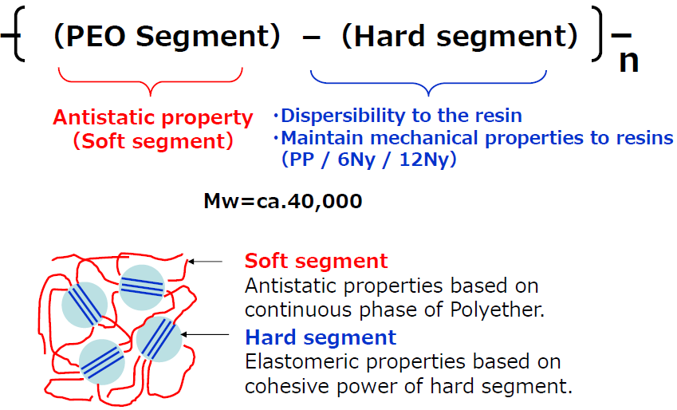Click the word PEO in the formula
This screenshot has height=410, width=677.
click(96, 36)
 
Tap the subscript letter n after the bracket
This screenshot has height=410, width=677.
click(628, 61)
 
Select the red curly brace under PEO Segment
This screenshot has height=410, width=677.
click(150, 81)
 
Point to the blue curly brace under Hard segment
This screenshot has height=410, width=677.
click(428, 83)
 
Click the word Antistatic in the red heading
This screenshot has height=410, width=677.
click(104, 117)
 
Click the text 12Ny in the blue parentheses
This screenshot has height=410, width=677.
click(424, 160)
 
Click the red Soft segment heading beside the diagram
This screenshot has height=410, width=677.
click(316, 261)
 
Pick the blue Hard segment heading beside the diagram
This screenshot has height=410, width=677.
click(321, 337)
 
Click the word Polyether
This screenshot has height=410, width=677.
click(497, 310)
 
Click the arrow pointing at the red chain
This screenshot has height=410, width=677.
click(205, 262)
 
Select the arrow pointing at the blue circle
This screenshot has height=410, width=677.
click(205, 334)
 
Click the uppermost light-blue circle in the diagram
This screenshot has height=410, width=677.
click(142, 287)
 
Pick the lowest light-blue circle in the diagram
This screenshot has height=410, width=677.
click(102, 362)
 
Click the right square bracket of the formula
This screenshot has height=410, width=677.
click(597, 34)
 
